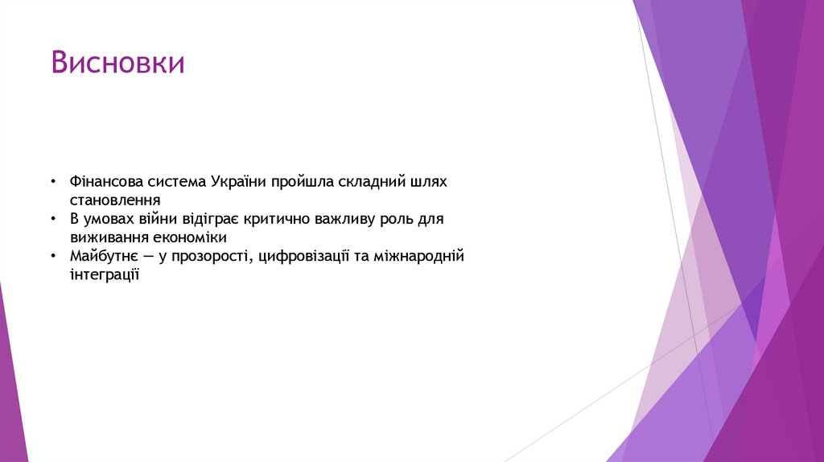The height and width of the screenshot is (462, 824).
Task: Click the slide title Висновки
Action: point(117,63)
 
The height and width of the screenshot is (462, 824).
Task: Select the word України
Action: point(240,181)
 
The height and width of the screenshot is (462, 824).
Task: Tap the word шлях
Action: point(429,181)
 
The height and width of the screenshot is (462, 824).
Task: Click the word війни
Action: point(143,219)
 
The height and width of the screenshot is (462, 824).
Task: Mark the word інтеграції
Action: point(105,275)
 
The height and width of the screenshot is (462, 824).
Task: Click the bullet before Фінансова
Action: point(52,182)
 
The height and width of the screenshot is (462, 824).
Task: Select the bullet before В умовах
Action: point(52,220)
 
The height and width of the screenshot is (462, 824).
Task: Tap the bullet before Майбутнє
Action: point(52,258)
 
